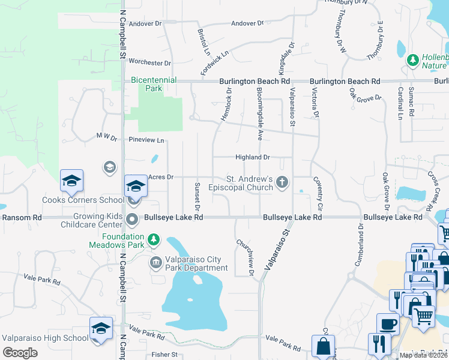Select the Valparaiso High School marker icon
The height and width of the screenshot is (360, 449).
(x=101, y=328)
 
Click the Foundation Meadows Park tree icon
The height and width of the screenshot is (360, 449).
(x=154, y=240)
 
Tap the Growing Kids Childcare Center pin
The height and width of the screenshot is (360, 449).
(x=133, y=221)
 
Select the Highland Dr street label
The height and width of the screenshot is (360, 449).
(x=252, y=157)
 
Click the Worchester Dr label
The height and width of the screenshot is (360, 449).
(x=150, y=62)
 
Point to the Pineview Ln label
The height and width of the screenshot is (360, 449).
(x=146, y=140)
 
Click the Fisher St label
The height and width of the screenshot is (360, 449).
(x=166, y=355)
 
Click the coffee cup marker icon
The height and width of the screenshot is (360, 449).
(x=387, y=325)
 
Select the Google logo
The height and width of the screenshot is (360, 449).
(x=20, y=353)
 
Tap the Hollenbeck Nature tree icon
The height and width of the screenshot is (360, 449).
(x=412, y=60)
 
